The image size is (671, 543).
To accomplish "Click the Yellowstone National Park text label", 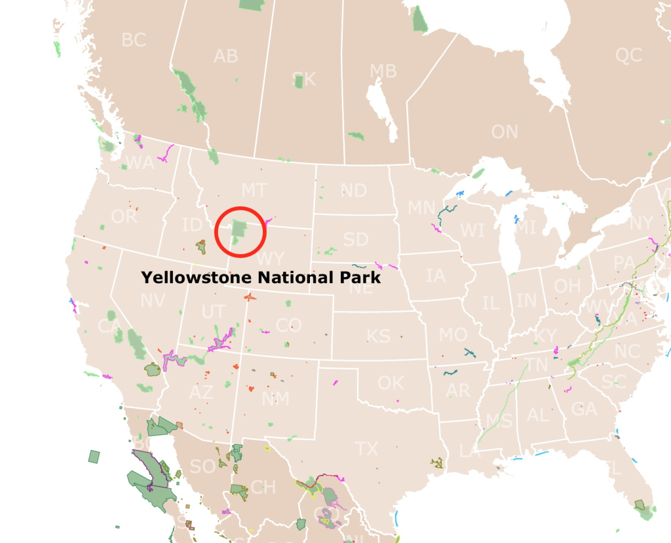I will pos(261,278).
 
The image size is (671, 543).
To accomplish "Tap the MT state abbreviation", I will pos(254,191).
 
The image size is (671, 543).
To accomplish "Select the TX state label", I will pos(366,449).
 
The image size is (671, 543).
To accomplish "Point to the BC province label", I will pos(134,40).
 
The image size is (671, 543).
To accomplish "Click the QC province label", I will pos(628,56).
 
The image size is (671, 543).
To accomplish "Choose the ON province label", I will pos(505,132).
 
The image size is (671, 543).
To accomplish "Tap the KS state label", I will pos(378,337).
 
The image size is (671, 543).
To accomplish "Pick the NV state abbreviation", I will pos(153,301).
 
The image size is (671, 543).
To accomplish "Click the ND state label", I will pos(354,191).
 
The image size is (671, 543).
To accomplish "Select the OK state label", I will pos(391,382).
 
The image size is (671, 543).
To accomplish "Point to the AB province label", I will pos(225,56).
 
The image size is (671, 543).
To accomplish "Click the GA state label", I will pos(584,409).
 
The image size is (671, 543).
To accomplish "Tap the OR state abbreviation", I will pos(125,217).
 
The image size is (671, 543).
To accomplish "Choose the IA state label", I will pos(435,275).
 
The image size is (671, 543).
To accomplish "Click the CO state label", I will pos(288,325).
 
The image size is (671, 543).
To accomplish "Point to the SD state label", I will pos(356,240).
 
